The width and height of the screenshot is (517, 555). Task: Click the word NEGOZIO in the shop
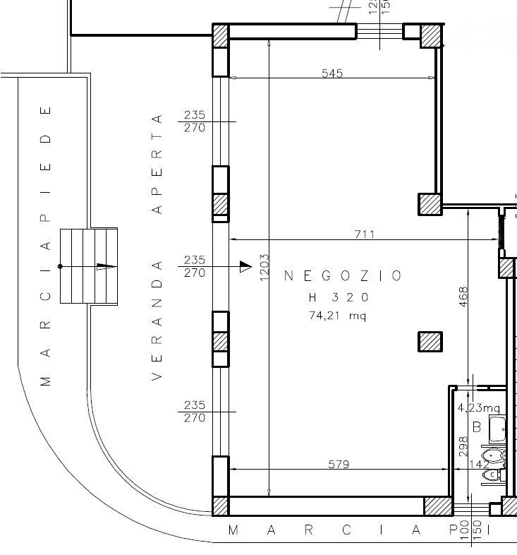343,276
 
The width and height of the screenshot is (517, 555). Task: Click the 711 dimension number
364,234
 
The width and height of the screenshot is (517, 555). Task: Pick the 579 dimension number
339,464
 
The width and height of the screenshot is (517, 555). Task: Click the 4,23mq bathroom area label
478,407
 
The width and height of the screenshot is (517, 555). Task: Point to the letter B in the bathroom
476,426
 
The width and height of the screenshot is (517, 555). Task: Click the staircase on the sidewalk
88,266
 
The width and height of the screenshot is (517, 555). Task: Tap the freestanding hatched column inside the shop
430,342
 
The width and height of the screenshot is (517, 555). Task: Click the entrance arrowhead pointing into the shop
245,266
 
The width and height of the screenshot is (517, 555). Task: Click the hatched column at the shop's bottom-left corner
221,506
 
